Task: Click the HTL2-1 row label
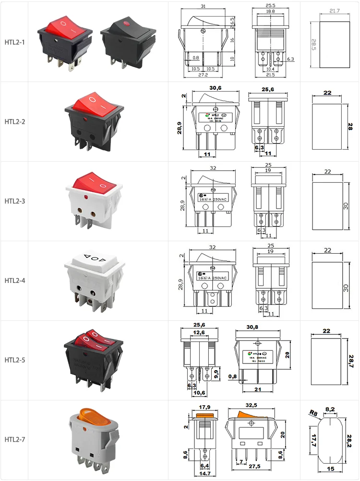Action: click(14, 42)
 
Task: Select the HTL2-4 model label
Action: click(14, 281)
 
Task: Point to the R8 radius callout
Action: click(313, 412)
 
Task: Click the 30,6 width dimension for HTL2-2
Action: click(216, 88)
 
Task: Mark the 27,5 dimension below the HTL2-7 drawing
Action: click(254, 466)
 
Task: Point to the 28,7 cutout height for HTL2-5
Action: click(351, 362)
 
